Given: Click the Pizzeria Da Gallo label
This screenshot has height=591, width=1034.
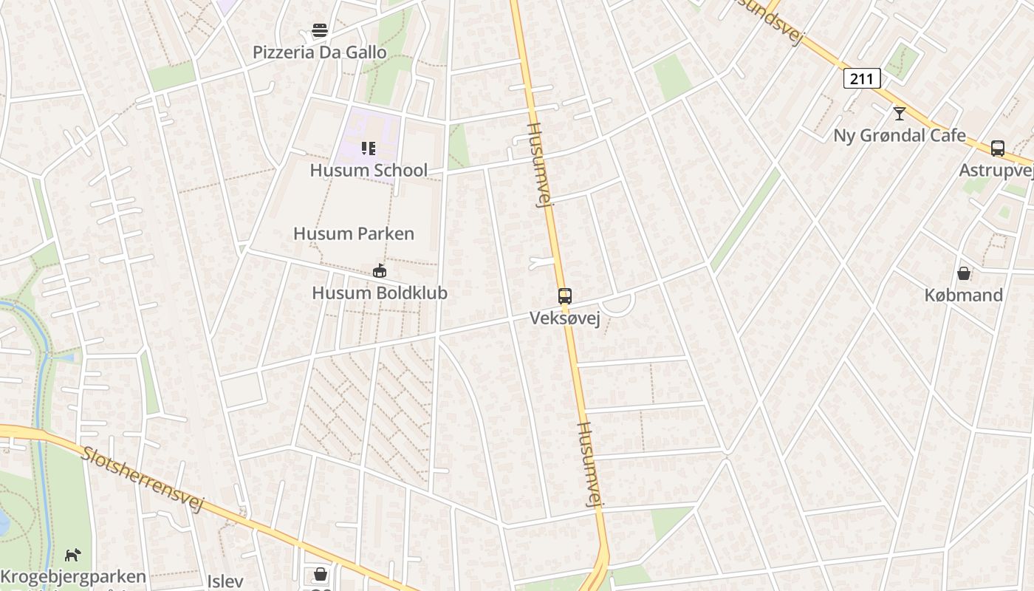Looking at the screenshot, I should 319,52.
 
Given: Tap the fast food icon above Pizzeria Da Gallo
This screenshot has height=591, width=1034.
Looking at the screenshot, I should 319,30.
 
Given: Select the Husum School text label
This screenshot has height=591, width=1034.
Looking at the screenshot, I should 369,171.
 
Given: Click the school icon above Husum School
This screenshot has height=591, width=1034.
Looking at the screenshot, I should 369,148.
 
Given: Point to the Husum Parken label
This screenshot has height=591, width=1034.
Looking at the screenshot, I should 354,234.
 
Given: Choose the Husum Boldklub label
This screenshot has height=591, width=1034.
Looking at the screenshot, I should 380,293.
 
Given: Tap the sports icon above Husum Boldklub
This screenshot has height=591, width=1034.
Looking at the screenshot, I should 380,271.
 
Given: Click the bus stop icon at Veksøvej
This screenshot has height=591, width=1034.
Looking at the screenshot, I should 565,296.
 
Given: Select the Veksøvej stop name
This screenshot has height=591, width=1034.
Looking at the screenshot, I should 565,318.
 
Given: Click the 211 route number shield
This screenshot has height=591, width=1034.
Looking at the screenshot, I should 862,78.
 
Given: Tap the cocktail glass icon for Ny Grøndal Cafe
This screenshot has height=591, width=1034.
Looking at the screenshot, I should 899,113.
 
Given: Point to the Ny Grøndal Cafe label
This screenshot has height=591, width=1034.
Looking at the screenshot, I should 899,135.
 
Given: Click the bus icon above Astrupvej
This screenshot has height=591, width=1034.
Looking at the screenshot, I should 998,148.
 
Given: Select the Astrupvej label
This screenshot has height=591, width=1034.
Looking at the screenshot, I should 996,171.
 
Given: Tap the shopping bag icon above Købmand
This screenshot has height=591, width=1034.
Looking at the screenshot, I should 964,273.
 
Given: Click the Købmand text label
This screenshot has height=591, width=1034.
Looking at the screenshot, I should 964,295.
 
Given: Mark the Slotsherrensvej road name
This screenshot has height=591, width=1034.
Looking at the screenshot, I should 142,479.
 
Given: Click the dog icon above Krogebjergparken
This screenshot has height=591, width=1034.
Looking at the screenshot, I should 72,555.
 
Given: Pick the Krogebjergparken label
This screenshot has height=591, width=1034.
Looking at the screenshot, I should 72,577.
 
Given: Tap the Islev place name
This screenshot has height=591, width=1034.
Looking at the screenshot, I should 225,581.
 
